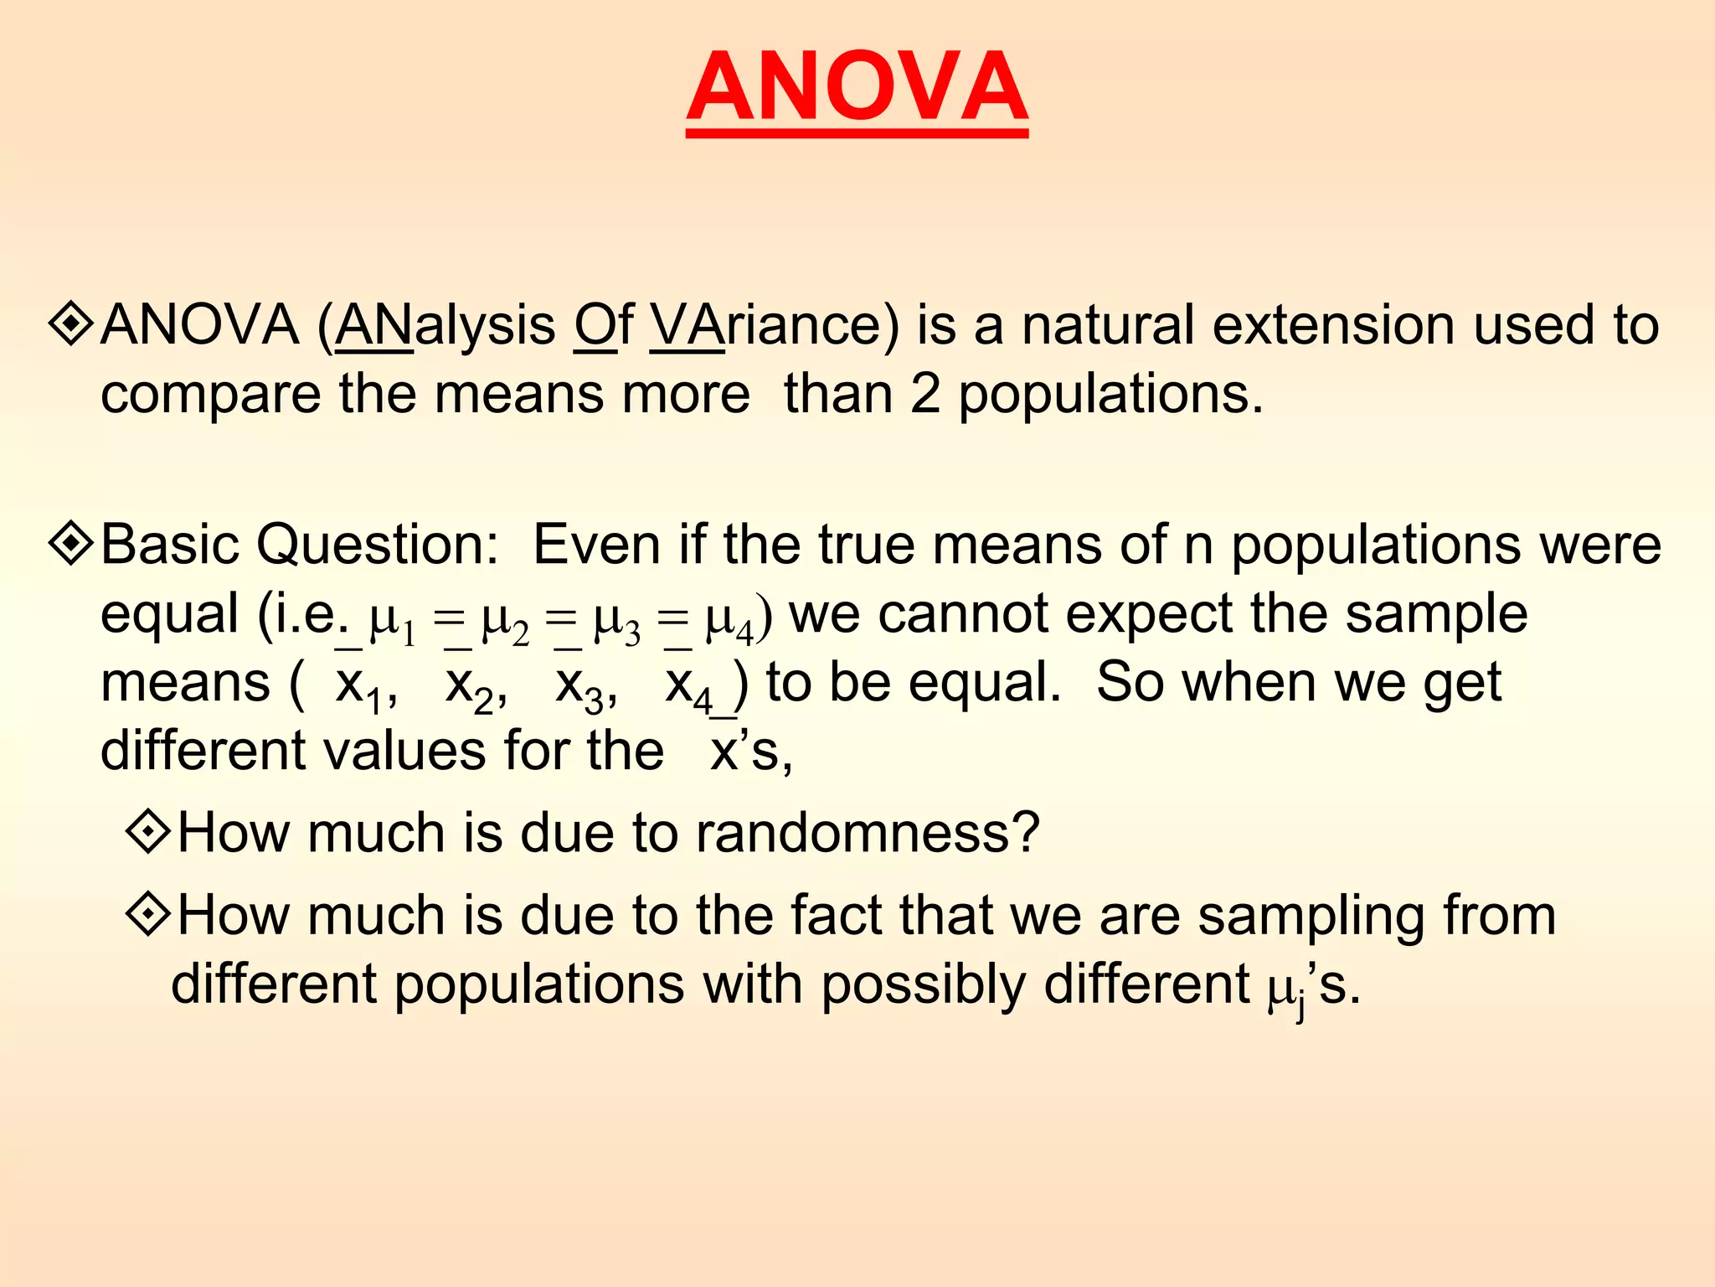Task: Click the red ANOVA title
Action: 857,87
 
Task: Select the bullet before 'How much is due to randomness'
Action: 148,832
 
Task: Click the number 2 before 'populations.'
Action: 924,394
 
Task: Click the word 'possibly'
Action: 922,985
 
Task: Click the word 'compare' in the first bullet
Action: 210,395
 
